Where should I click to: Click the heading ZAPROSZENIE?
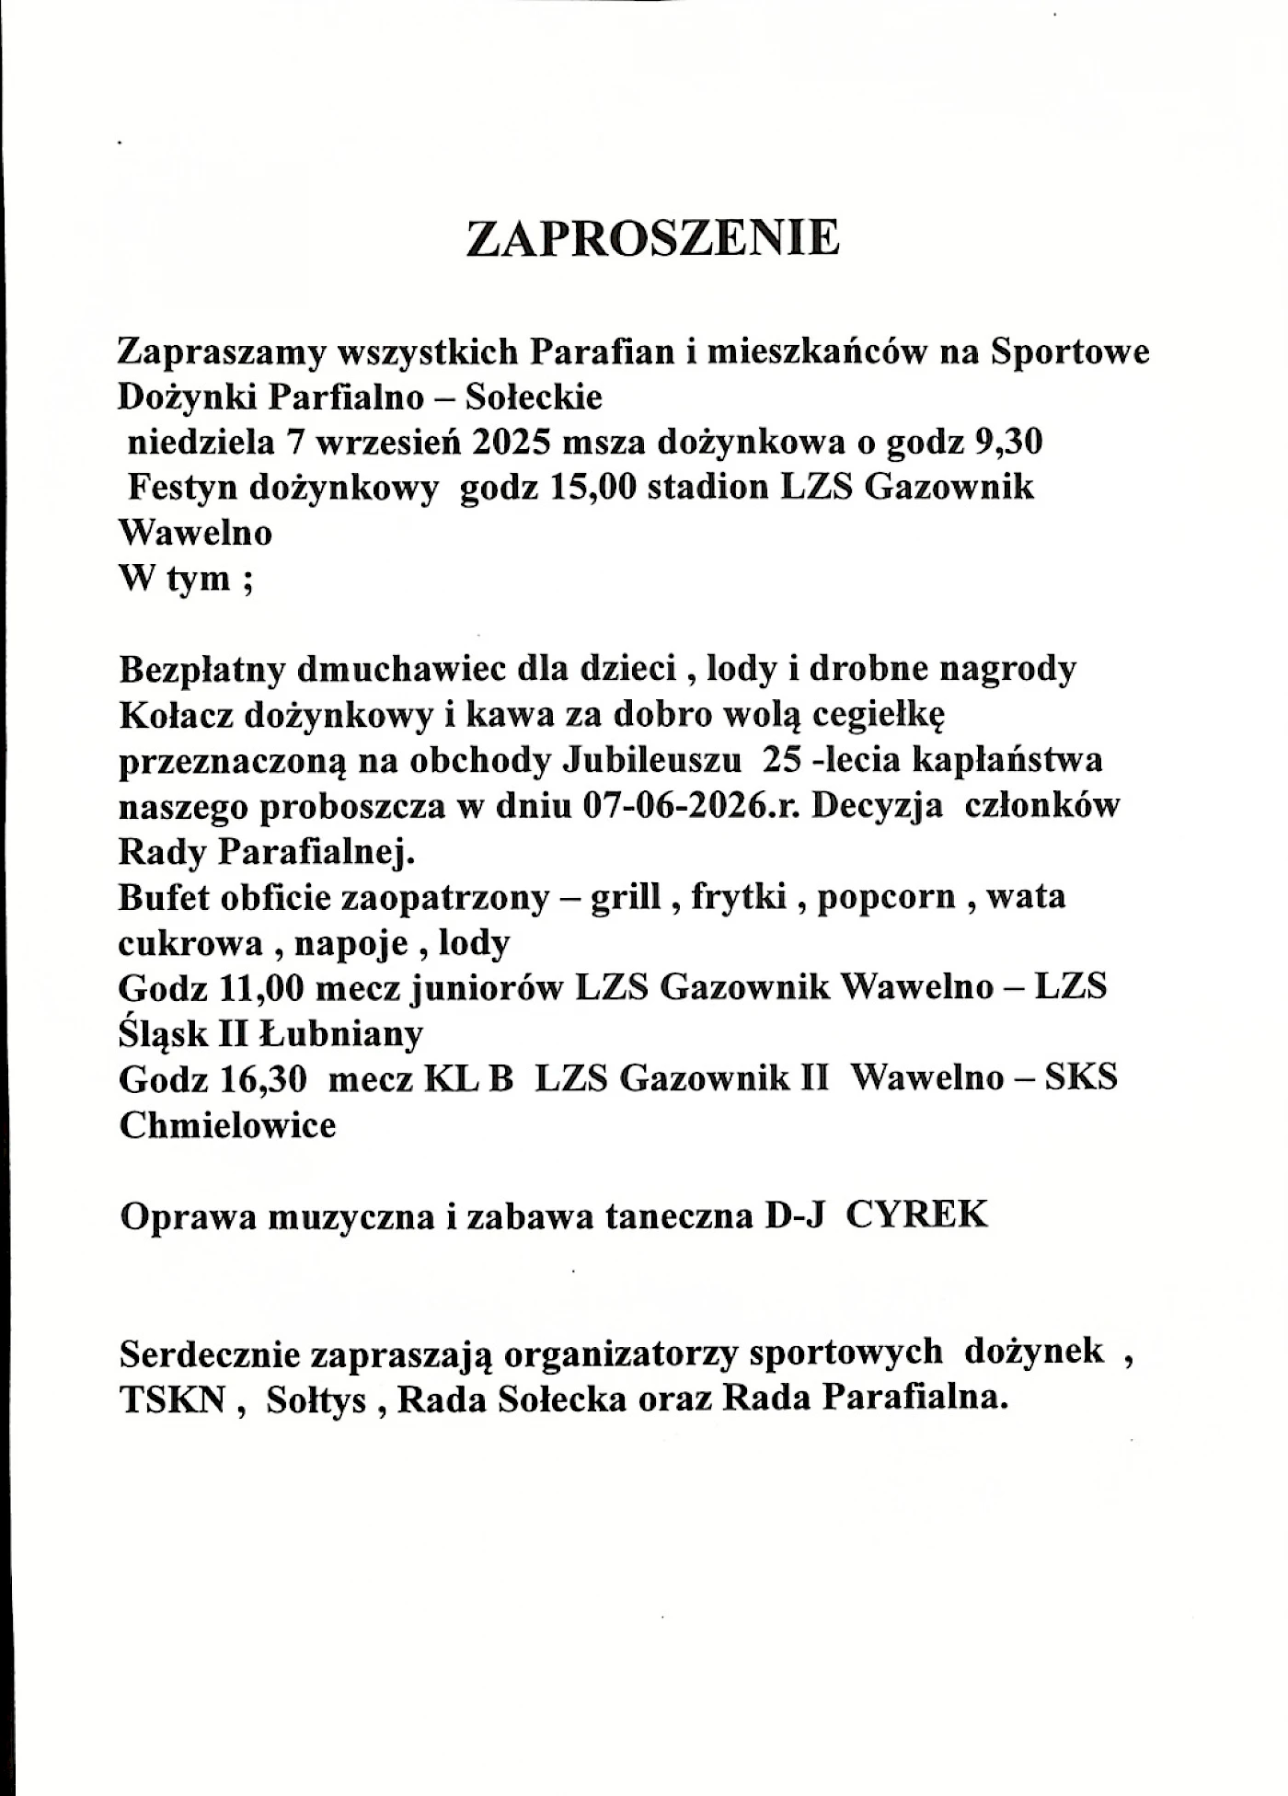[x=652, y=238]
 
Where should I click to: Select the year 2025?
[x=512, y=443]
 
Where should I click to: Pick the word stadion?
[x=707, y=488]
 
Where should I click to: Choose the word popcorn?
[x=886, y=896]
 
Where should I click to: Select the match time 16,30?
[x=262, y=1078]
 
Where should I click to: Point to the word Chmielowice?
[x=227, y=1124]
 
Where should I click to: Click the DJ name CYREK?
[x=916, y=1215]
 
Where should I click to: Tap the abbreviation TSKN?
[x=173, y=1399]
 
